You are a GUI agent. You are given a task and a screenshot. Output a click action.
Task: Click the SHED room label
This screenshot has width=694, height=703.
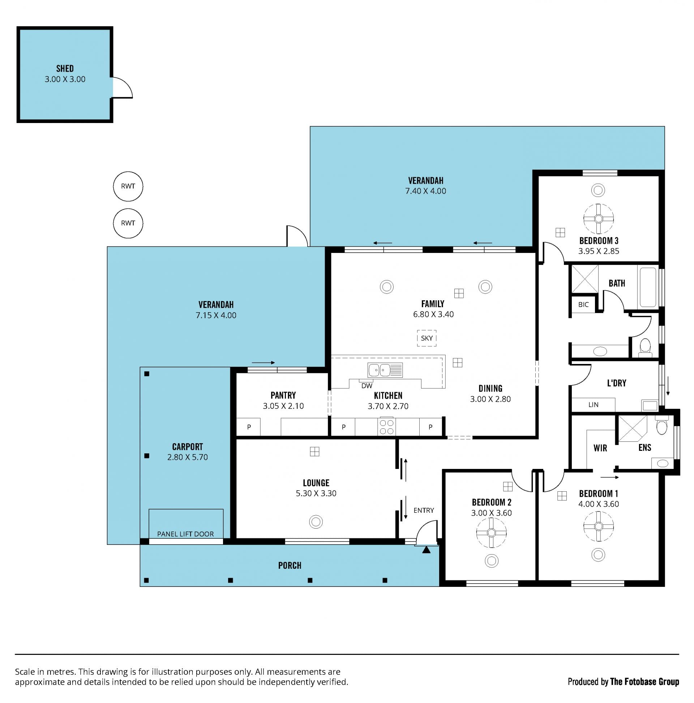point(65,68)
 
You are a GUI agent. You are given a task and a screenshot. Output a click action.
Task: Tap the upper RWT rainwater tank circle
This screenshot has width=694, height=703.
point(128,186)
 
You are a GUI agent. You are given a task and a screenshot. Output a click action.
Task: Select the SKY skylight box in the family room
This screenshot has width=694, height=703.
point(427,338)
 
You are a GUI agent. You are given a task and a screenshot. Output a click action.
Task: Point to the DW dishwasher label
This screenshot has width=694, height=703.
point(367,386)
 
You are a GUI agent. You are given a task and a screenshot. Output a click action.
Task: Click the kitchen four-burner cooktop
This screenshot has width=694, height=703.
point(386,427)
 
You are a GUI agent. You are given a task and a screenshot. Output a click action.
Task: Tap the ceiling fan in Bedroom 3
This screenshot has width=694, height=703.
point(598,219)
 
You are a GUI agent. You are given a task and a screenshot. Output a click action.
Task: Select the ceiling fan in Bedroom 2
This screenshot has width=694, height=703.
point(491,533)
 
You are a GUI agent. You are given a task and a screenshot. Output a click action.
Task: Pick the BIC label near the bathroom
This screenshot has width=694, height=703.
point(583,305)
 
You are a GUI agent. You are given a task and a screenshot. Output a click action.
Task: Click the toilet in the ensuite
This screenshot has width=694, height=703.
point(661,426)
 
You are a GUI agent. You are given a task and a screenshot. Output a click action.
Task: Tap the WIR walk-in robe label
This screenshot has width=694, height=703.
point(600,448)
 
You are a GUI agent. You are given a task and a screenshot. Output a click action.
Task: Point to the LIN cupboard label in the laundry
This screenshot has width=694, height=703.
point(593,405)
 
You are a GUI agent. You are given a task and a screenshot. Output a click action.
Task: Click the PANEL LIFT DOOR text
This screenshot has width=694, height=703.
point(185,534)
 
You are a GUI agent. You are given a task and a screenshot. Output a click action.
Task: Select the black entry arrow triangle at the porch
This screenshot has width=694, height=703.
point(427,550)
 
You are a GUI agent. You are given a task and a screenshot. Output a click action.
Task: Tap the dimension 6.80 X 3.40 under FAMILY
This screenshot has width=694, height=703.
point(433,314)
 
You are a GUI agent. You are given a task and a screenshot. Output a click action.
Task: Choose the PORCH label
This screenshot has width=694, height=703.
point(290,566)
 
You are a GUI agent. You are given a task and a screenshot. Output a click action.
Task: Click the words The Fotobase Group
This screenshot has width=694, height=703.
point(644,681)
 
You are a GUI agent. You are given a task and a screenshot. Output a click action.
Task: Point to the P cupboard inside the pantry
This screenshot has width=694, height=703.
point(249,427)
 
